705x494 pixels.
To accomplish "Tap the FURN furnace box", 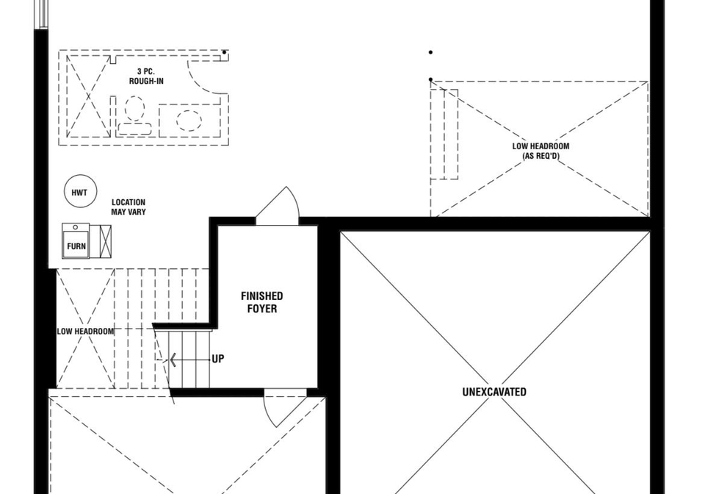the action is click(x=76, y=240).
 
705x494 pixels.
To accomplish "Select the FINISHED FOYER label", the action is click(x=261, y=302).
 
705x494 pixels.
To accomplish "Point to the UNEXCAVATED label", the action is click(x=494, y=392).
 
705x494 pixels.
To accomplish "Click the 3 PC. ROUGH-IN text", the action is click(x=146, y=76).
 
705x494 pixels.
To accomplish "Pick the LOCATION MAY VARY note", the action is click(x=129, y=207).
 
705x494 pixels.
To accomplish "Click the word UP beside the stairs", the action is click(x=218, y=359).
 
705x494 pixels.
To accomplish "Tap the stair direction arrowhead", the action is click(x=172, y=360).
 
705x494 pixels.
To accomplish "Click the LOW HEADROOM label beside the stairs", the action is click(x=85, y=332).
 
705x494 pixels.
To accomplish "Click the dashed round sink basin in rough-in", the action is click(x=189, y=120).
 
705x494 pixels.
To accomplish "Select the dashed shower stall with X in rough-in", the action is click(x=89, y=96).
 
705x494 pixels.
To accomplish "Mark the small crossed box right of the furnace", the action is click(x=105, y=241).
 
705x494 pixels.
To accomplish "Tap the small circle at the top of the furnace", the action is click(x=76, y=227).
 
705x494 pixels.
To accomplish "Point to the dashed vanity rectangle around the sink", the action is click(x=189, y=120).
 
